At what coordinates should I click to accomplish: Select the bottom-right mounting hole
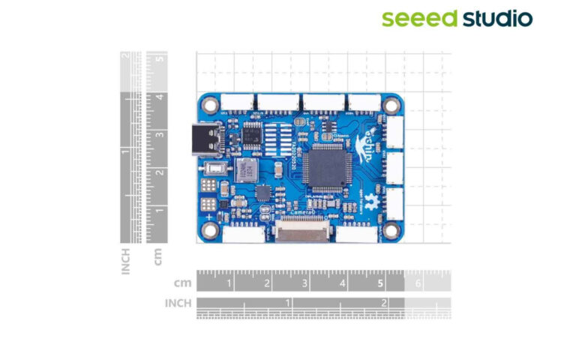(391, 229)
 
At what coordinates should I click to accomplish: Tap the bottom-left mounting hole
(207, 229)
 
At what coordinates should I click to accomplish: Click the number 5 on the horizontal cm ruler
(380, 284)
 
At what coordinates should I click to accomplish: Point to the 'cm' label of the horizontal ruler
(182, 283)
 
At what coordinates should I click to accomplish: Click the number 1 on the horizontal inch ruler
(287, 301)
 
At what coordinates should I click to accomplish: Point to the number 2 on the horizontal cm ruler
(267, 284)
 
